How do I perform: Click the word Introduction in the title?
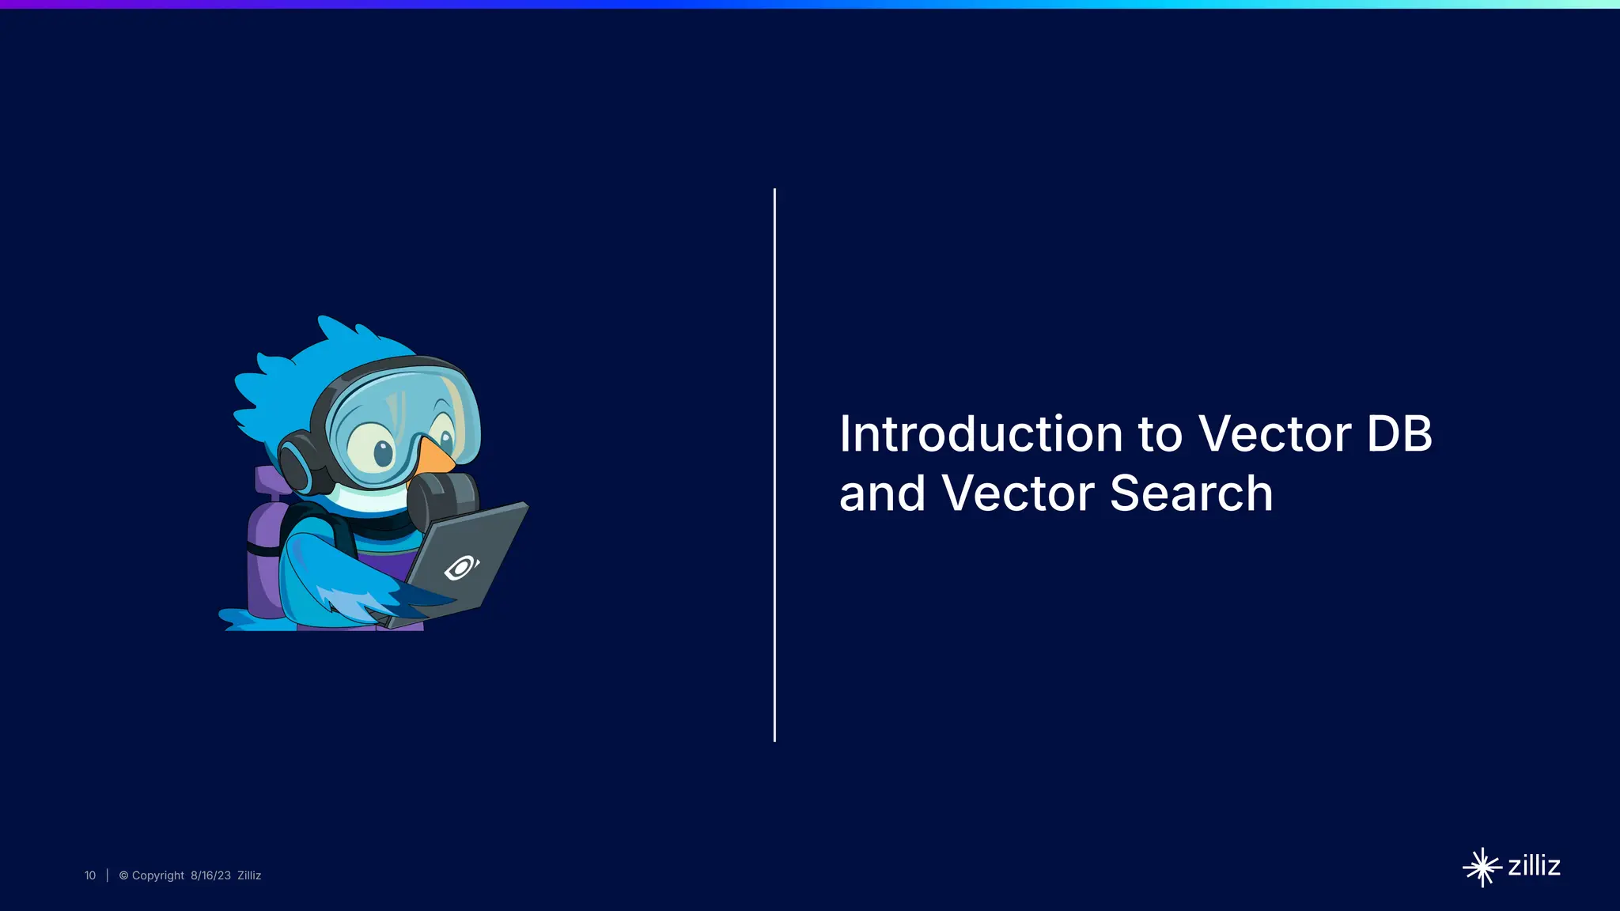981,434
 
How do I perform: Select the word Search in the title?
1191,493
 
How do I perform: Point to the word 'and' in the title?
881,493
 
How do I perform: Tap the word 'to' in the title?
1160,434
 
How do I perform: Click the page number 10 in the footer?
90,875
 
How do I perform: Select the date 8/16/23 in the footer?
210,875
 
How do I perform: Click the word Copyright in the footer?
157,875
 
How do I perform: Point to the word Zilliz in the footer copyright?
249,875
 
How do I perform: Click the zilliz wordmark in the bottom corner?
1534,866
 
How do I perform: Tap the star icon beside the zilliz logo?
1482,868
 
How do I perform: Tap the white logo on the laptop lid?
461,568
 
